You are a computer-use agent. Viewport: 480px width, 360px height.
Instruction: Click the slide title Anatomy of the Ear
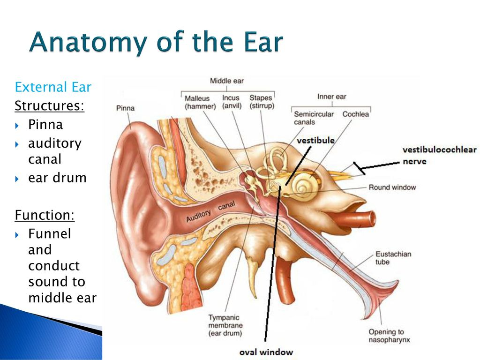(x=156, y=42)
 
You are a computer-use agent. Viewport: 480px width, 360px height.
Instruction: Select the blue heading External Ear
(x=53, y=87)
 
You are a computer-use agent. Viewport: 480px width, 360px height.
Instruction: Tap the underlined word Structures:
(x=49, y=105)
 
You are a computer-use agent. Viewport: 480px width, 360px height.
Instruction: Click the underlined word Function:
(x=45, y=215)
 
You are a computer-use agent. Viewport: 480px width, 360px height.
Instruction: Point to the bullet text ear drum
(x=57, y=178)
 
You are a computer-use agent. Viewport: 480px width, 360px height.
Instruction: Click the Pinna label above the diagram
(x=125, y=108)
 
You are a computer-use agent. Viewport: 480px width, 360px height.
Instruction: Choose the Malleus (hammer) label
(x=200, y=102)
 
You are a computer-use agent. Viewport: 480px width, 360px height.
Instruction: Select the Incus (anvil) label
(x=232, y=102)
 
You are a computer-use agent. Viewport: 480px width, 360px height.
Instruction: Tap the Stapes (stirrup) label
(x=262, y=102)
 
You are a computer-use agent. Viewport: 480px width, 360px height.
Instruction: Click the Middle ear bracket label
(x=227, y=81)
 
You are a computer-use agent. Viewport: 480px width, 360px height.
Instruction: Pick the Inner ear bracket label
(x=332, y=97)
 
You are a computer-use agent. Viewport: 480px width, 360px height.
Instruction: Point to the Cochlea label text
(x=356, y=114)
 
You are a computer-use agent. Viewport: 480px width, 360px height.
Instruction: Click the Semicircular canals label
(x=314, y=118)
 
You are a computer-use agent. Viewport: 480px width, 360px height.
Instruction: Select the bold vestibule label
(x=315, y=140)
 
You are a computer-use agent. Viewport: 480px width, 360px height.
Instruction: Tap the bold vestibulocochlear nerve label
(x=440, y=155)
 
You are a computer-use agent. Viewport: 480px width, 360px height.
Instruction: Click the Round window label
(x=392, y=187)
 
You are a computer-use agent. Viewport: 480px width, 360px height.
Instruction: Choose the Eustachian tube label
(x=393, y=258)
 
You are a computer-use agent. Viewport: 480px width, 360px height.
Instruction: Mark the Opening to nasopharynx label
(x=389, y=336)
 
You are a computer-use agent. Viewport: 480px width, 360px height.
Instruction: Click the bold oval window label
(x=266, y=352)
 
